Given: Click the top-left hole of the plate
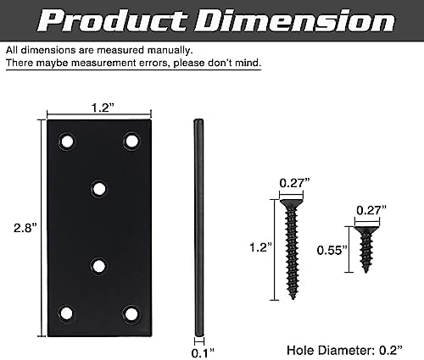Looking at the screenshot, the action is (67, 141).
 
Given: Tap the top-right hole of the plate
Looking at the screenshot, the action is (131, 141).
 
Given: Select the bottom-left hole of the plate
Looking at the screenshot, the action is (66, 313).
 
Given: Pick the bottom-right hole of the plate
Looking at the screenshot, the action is (131, 314).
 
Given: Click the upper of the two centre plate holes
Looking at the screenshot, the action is (99, 189).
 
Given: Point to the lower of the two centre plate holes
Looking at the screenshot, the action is (98, 266).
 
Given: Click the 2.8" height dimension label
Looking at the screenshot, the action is (25, 228).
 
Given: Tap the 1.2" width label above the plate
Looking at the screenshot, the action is (103, 108).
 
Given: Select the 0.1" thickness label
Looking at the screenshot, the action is (203, 353).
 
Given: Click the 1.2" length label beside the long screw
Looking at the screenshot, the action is (260, 247).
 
